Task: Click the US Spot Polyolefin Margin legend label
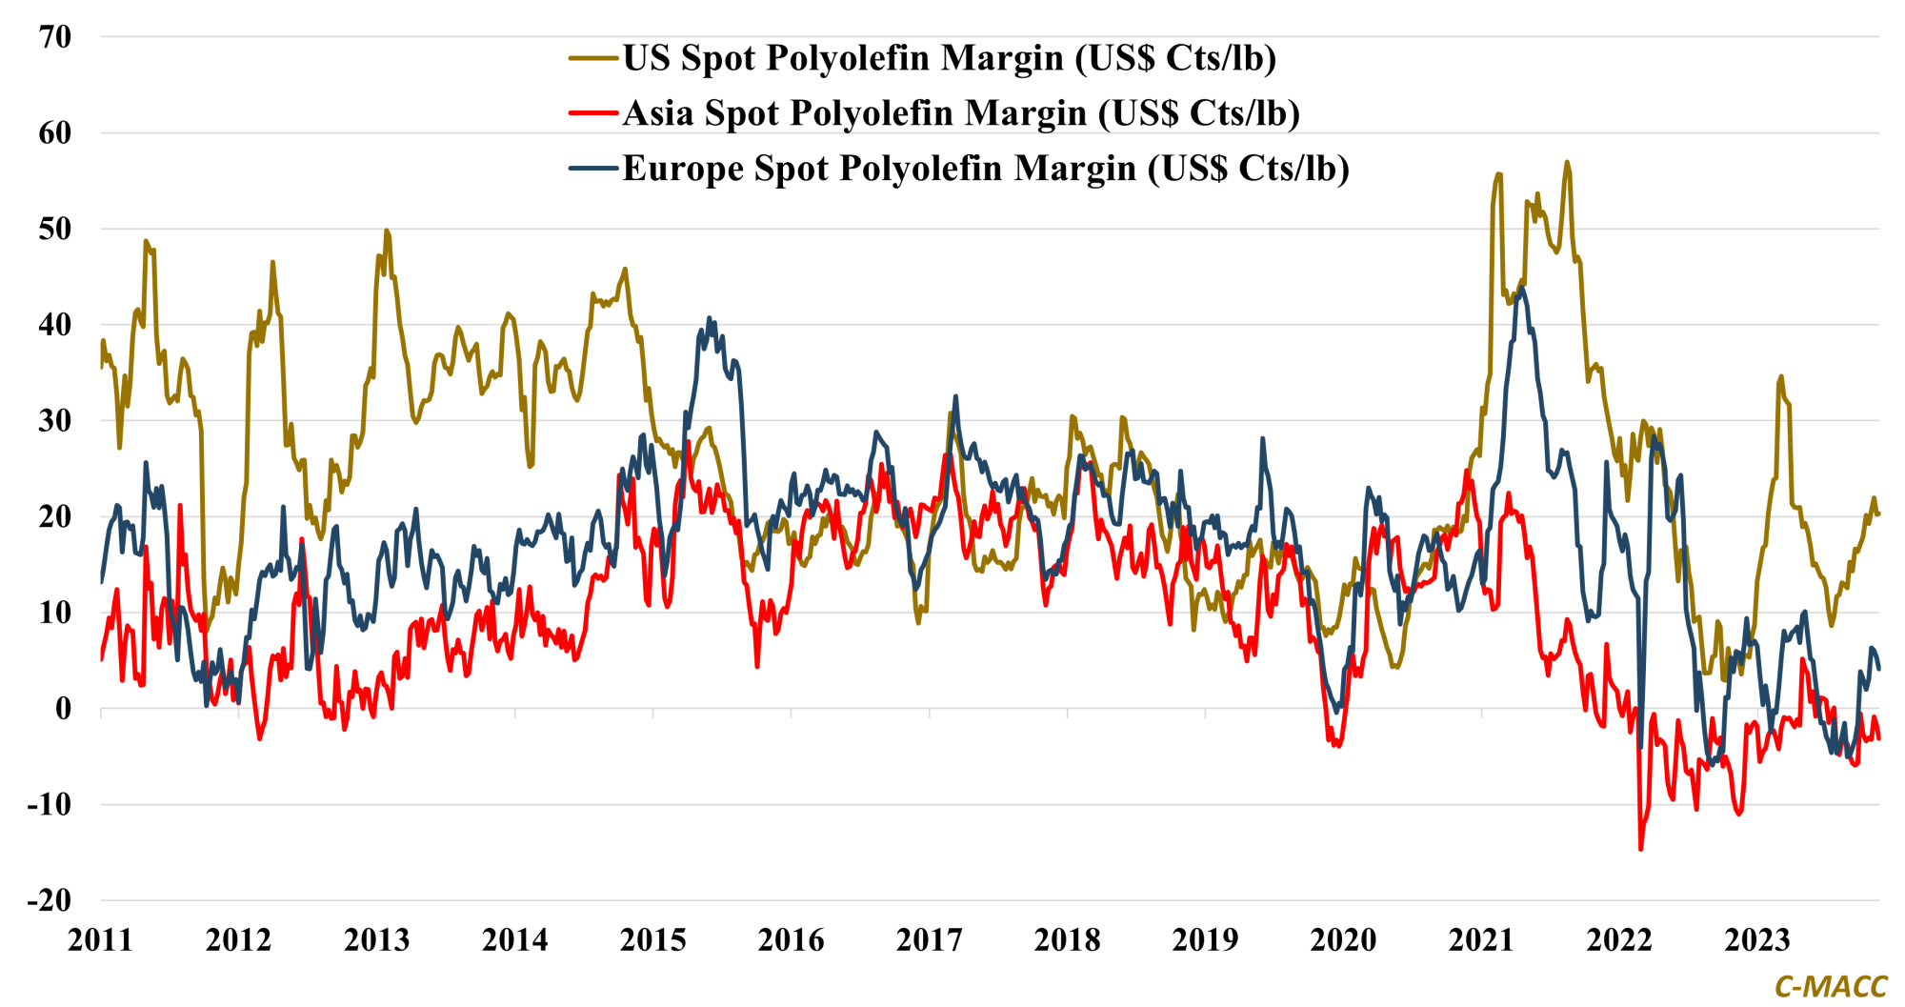(x=949, y=58)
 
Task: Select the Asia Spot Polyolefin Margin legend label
(x=961, y=113)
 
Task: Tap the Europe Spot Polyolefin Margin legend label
(x=986, y=169)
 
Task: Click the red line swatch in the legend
(x=592, y=113)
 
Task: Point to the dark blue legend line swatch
(x=592, y=169)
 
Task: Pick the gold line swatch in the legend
(x=592, y=58)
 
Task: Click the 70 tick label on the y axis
(x=55, y=37)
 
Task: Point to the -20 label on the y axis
(x=49, y=900)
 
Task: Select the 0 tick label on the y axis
(x=63, y=709)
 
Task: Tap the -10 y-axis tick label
(x=49, y=804)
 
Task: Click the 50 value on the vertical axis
(x=55, y=229)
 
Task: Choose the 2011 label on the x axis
(x=100, y=940)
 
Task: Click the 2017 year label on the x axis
(x=929, y=940)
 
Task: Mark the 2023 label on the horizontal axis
(x=1757, y=940)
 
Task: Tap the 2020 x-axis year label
(x=1343, y=940)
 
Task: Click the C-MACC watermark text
(x=1830, y=987)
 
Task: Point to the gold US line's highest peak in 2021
(x=1567, y=163)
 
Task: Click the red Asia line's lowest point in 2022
(x=1640, y=849)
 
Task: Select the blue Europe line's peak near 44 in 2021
(x=1522, y=287)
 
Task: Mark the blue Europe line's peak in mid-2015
(x=710, y=318)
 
